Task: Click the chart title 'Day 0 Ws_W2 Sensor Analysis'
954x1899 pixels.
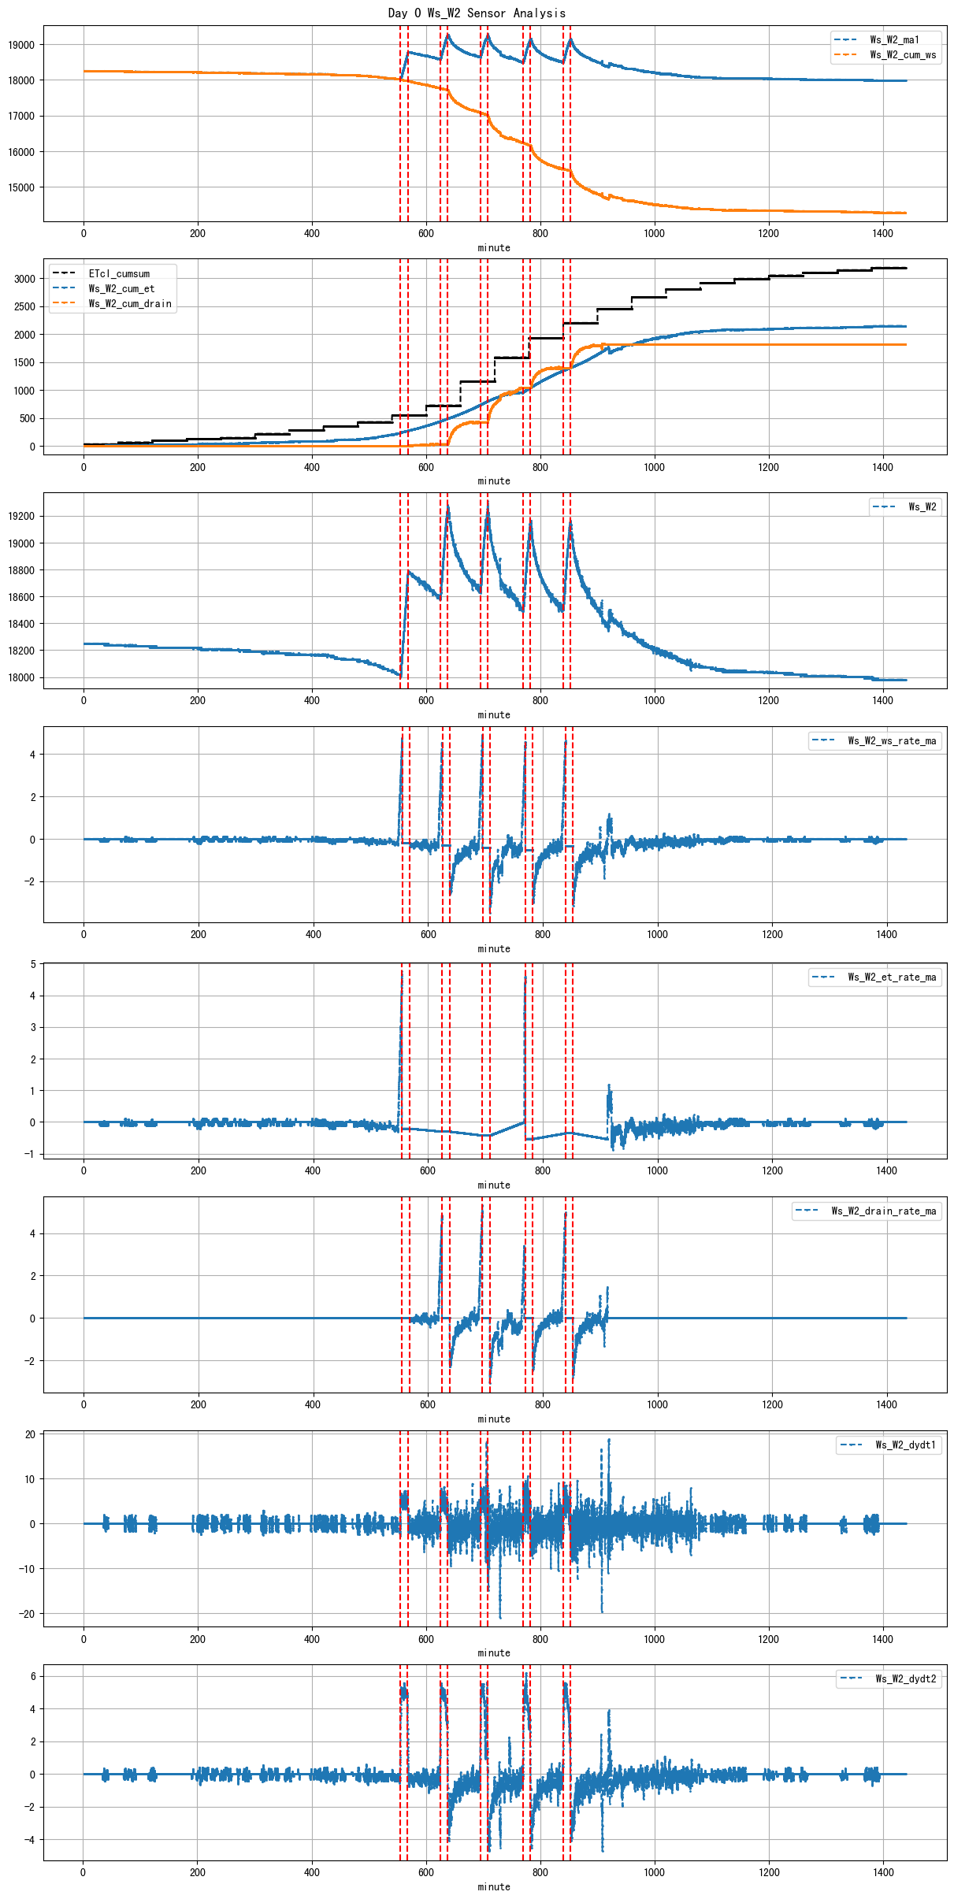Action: pos(477,13)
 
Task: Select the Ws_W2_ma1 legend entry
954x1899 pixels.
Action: pos(893,39)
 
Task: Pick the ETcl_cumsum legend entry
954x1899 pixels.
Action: pos(118,273)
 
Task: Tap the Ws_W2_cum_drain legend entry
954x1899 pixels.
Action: pos(129,303)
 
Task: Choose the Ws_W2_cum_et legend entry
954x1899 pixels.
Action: pos(121,288)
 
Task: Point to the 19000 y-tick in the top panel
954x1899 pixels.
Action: pos(21,45)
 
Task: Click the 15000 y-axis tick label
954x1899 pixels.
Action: pos(21,187)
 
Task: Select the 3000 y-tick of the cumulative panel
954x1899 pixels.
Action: pos(24,279)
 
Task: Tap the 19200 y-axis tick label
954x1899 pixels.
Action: pos(21,516)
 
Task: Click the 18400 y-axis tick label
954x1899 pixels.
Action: pos(21,624)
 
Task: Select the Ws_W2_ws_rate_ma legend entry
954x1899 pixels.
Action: pos(892,740)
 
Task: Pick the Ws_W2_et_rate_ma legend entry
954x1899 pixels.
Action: pos(892,977)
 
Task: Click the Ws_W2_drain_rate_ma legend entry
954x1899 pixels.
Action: pos(883,1211)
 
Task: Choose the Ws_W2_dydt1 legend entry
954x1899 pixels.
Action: pos(905,1445)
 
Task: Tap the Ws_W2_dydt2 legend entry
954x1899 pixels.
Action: pos(905,1678)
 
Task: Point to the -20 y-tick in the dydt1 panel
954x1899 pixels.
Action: pos(28,1613)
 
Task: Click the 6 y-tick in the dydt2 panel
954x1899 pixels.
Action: pos(32,1676)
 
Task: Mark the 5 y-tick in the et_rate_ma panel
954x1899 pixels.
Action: pos(32,964)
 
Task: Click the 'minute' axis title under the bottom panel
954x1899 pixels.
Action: pos(494,1886)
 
